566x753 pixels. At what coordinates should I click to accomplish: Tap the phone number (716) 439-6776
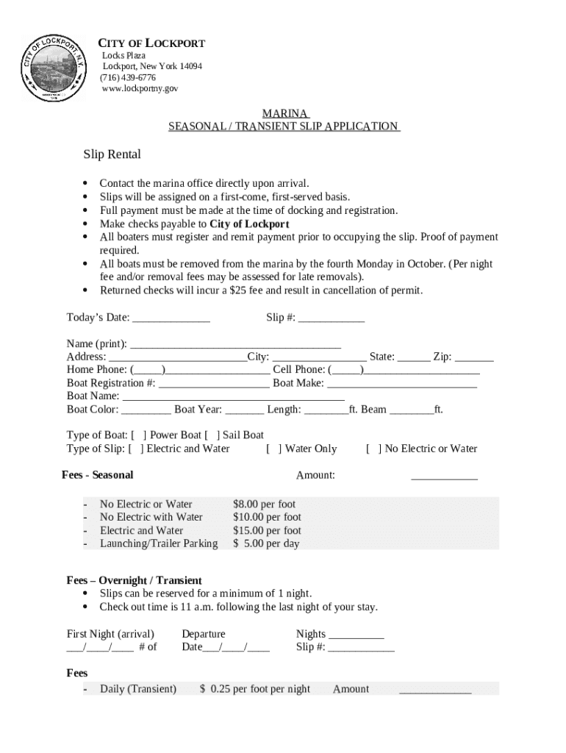pos(129,77)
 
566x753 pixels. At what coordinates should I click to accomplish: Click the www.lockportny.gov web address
pos(140,88)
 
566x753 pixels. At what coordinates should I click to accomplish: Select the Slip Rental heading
pos(112,154)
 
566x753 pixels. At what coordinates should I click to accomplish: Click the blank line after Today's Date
pos(171,318)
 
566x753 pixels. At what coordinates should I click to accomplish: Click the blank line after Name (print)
pos(235,344)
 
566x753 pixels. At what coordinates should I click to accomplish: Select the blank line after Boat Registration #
pos(214,384)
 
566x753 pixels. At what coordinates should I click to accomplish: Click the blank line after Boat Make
pos(402,384)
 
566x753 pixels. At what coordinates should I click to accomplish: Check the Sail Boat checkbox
pos(212,435)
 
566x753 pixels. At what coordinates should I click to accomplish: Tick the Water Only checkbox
pos(274,449)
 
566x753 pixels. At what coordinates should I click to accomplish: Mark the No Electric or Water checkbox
pos(374,449)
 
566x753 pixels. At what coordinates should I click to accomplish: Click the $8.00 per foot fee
pos(264,504)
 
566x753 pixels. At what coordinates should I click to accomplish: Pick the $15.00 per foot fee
pos(267,531)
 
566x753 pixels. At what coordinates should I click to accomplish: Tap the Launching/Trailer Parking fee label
pos(159,544)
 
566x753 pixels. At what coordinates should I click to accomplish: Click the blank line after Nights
pos(357,635)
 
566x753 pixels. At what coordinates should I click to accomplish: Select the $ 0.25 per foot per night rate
pos(255,690)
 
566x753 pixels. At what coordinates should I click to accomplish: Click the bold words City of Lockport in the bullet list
pos(249,224)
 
